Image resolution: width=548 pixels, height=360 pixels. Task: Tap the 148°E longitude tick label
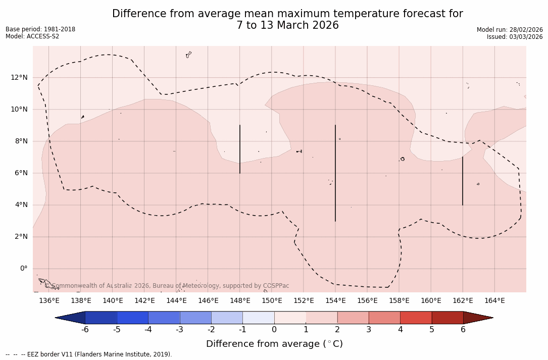240,301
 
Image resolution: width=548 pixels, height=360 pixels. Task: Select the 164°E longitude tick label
494,301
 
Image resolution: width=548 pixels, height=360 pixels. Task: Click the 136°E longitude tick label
49,301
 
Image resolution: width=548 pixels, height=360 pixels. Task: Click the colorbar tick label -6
85,330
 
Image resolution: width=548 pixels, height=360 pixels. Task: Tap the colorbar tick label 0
274,330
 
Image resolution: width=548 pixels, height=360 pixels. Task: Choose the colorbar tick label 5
432,330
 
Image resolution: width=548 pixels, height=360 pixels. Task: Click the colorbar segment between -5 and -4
132,318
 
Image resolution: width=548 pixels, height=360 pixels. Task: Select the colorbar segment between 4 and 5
416,318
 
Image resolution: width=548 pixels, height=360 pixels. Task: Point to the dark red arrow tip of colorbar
477,318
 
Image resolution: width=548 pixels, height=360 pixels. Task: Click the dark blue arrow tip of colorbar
71,318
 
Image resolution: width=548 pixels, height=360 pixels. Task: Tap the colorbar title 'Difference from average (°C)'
274,344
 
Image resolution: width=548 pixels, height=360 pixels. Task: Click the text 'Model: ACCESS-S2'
32,36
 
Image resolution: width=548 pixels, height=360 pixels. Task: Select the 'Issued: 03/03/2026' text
515,37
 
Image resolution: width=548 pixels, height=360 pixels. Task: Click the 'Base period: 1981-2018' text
40,29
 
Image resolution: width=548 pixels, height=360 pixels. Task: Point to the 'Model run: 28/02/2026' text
510,30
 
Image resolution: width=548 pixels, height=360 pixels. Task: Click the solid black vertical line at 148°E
240,149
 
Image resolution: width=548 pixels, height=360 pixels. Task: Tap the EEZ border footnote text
89,354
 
